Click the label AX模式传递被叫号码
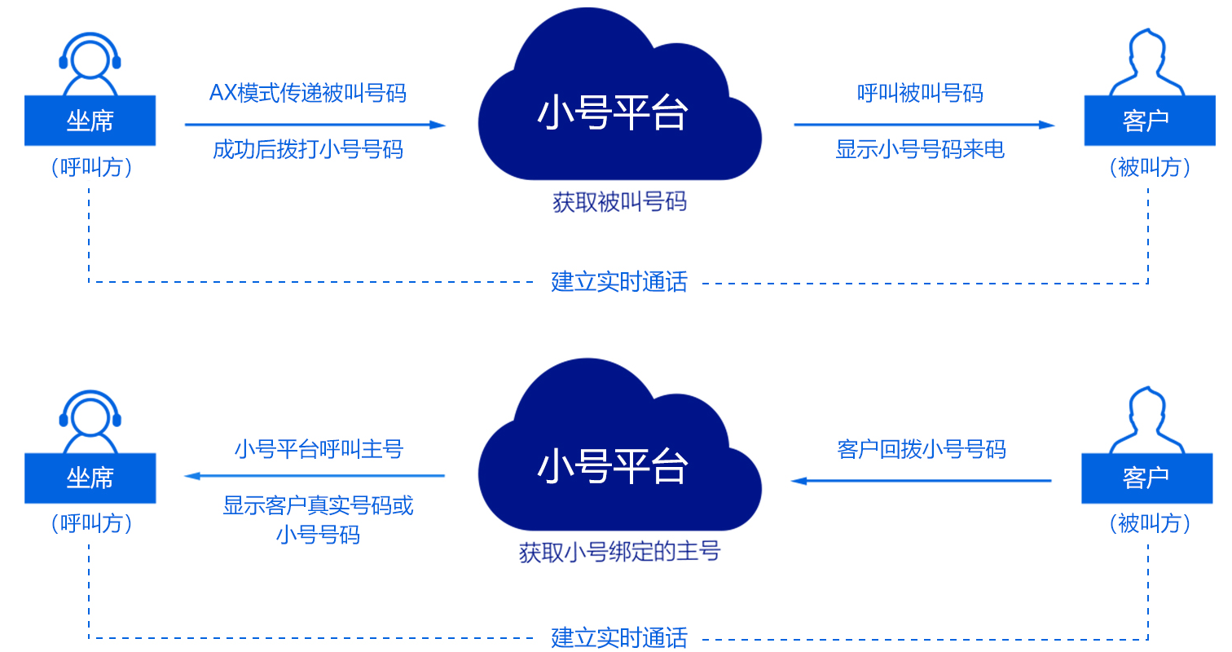307,93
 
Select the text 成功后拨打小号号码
307,150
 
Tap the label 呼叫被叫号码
920,93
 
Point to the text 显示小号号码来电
920,150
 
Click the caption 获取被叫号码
619,202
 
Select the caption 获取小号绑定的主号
619,552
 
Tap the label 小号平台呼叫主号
319,448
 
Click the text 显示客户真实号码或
319,505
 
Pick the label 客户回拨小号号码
921,448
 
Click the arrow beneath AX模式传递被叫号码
315,125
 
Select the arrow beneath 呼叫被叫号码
924,125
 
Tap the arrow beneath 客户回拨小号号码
921,481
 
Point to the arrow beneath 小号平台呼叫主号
315,475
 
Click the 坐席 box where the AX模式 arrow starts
90,121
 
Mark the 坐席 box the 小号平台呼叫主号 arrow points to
90,478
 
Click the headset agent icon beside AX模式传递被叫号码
90,62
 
